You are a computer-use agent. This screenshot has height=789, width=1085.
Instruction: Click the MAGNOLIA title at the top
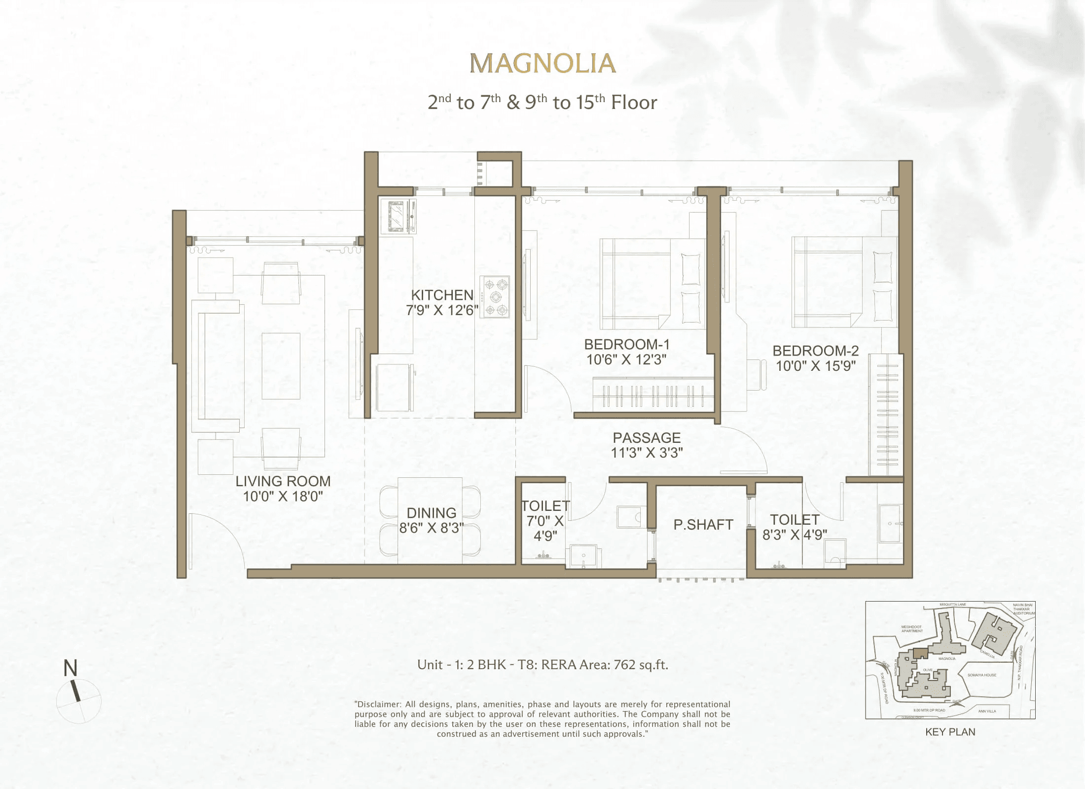click(542, 64)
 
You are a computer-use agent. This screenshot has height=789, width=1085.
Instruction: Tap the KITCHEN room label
click(442, 295)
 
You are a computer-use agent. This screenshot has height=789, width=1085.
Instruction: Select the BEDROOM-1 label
click(626, 344)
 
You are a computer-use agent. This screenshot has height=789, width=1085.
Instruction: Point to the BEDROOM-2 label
click(815, 351)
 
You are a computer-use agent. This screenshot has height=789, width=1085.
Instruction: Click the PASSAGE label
click(647, 437)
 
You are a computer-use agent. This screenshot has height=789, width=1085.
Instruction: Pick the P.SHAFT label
click(703, 525)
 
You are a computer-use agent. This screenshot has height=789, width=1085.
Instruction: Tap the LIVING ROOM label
click(283, 481)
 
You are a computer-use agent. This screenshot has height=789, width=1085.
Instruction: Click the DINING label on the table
click(431, 513)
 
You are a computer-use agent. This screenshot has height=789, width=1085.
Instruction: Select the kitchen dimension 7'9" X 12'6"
click(442, 310)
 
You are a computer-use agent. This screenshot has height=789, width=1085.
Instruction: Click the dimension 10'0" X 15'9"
click(815, 366)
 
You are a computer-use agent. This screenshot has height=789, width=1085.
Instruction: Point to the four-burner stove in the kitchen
click(496, 297)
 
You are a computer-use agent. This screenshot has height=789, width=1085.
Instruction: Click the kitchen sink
click(398, 216)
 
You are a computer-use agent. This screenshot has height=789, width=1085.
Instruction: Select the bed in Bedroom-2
click(844, 282)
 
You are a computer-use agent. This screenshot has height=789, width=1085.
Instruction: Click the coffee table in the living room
click(281, 365)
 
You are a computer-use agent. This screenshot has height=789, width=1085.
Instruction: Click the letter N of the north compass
click(71, 668)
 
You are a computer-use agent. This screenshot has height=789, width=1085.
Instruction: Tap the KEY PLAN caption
click(950, 732)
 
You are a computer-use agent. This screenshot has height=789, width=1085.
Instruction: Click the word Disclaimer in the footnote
click(379, 704)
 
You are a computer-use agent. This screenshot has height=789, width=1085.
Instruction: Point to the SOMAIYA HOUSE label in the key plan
click(981, 675)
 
